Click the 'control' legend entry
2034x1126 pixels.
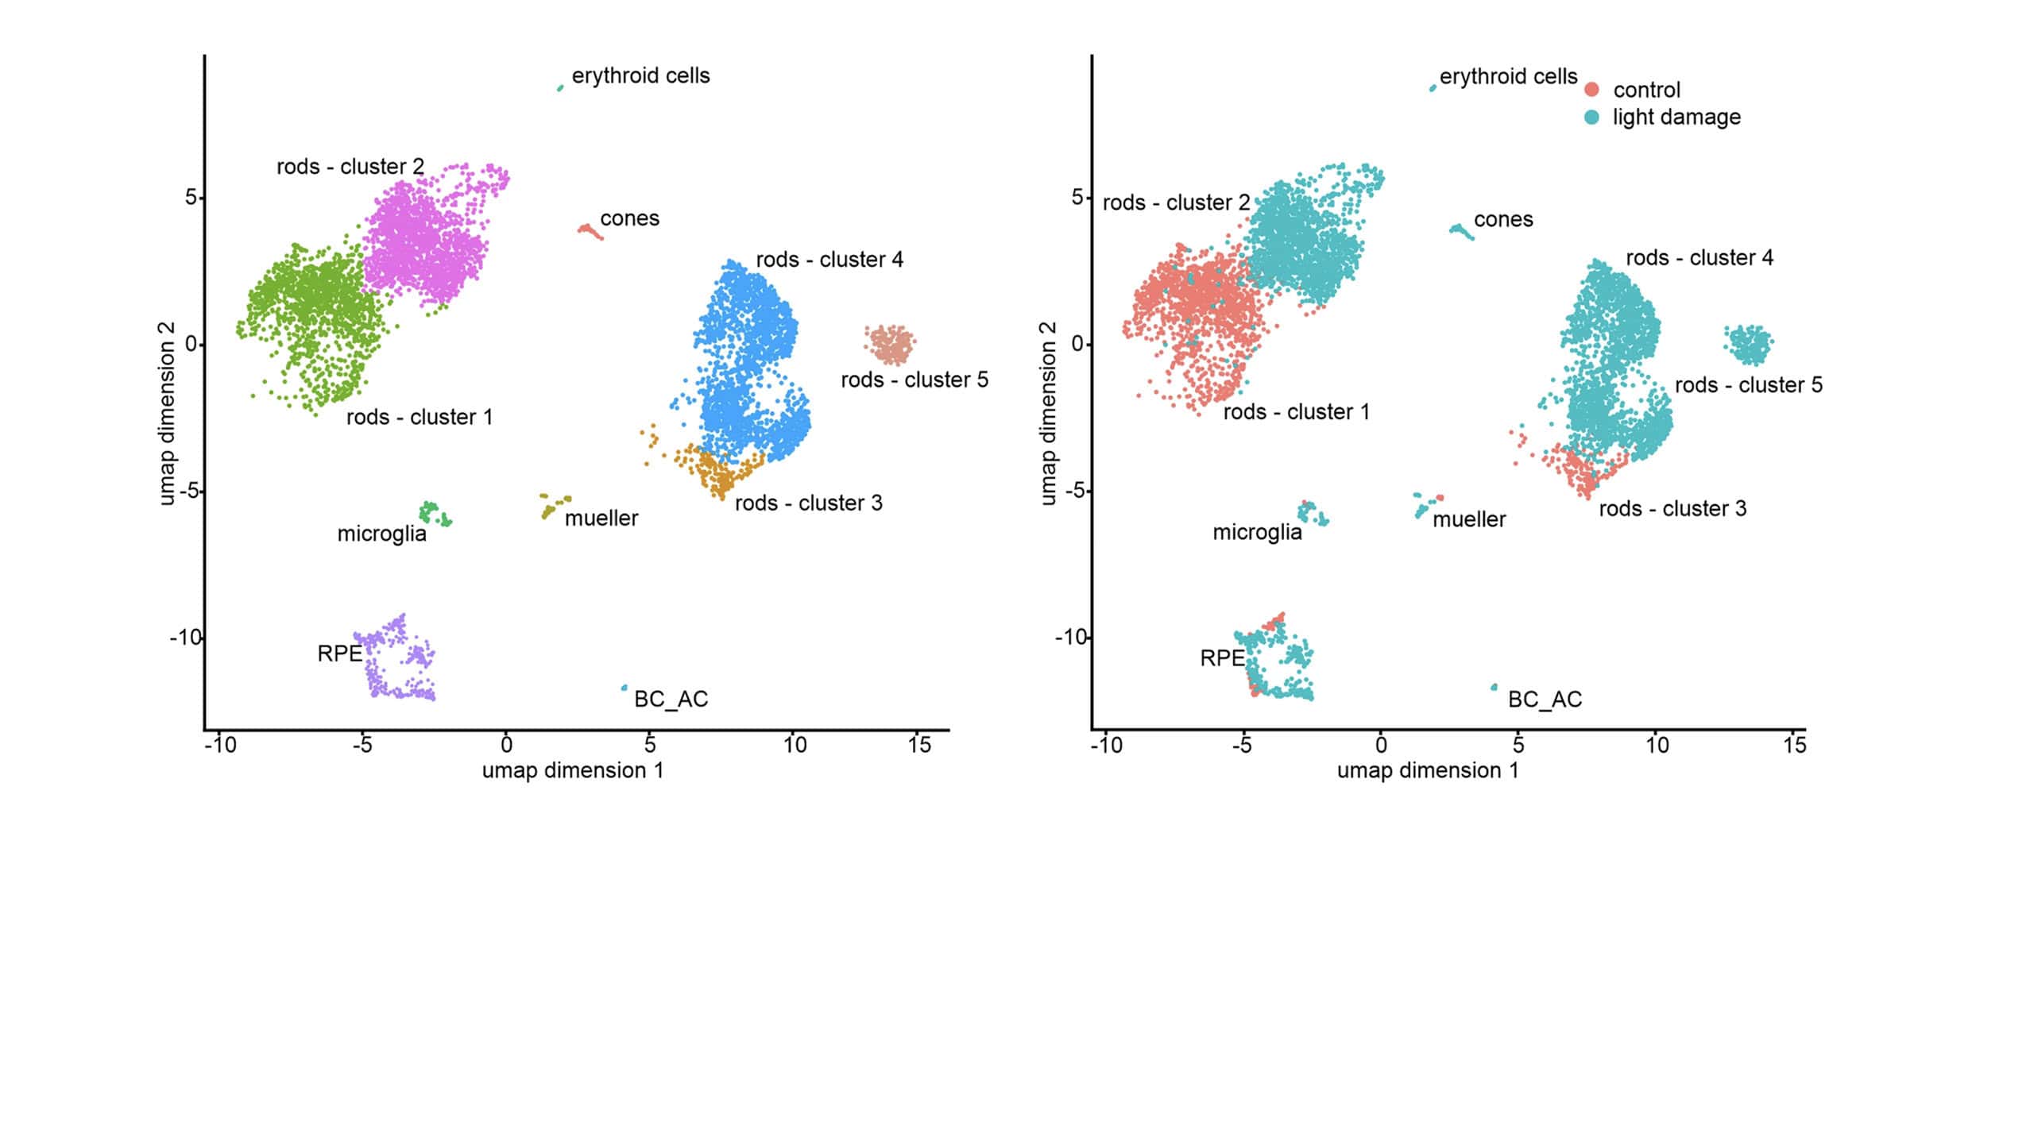point(1645,90)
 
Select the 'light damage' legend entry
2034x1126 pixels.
point(1676,118)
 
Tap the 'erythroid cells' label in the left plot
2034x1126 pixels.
point(640,76)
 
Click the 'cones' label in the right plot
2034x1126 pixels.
point(1503,219)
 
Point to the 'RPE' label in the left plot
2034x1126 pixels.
point(339,654)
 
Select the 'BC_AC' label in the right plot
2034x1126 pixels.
point(1545,700)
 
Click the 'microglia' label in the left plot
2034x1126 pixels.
point(381,534)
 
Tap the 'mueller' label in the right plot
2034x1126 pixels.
point(1469,519)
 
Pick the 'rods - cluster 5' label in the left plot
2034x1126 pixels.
point(915,380)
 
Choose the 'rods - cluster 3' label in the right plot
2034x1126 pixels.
point(1672,509)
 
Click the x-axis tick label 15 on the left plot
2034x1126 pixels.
point(919,745)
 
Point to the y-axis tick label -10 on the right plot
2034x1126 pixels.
point(1069,638)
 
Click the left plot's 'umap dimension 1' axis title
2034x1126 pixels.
point(573,771)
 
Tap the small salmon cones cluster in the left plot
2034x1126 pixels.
point(590,231)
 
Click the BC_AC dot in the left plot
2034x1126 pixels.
point(624,688)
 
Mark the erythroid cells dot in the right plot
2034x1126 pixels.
point(1433,88)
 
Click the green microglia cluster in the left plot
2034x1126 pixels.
point(435,514)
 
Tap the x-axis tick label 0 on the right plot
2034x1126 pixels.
point(1381,745)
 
